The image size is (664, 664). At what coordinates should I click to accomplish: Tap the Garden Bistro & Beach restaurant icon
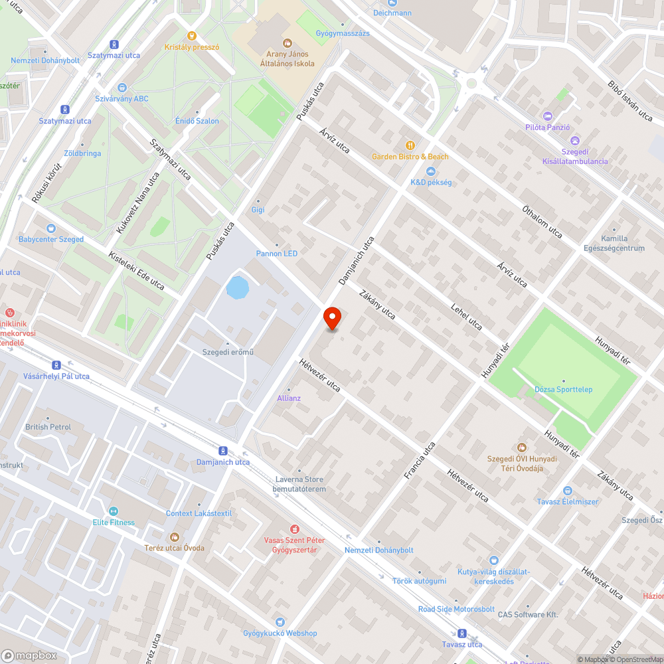(410, 145)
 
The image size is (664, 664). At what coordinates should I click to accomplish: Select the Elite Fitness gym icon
(113, 511)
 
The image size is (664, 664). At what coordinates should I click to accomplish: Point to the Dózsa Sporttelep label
(564, 389)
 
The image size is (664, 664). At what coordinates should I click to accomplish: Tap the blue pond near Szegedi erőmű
(237, 288)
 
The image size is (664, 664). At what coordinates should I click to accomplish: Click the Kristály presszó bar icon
(192, 37)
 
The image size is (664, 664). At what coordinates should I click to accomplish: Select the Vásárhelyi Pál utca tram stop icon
(56, 365)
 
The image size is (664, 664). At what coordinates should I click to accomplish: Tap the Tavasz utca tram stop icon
(462, 633)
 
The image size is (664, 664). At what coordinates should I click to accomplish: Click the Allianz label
(289, 398)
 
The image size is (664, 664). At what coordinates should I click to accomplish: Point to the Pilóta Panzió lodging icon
(547, 116)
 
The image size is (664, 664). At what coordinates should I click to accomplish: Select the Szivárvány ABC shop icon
(122, 88)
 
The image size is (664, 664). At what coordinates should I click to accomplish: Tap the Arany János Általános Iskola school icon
(288, 43)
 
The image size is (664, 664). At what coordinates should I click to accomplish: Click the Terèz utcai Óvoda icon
(175, 537)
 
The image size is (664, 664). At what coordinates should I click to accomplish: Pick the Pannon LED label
(277, 254)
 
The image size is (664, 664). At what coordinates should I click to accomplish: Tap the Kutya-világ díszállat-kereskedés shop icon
(493, 560)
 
